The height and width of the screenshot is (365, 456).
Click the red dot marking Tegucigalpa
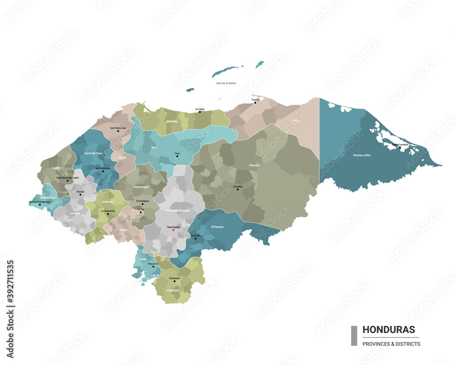coord(173,230)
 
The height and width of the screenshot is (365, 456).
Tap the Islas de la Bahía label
coord(226,83)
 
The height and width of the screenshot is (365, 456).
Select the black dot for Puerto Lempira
coord(400,147)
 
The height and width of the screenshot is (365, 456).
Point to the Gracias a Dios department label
coord(362,155)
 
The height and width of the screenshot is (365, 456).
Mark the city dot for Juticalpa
coord(238,189)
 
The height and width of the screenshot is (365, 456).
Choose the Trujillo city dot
coord(255,103)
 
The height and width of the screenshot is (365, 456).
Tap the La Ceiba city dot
coord(200,112)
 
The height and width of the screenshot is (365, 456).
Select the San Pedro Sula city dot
coord(118,131)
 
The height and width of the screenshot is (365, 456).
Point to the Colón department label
coord(296,120)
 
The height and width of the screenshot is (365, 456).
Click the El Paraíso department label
coord(217,227)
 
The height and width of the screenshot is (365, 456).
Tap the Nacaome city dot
coord(153,266)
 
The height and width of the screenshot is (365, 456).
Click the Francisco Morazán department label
coord(178,210)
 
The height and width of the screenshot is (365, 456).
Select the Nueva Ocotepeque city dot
coord(40,204)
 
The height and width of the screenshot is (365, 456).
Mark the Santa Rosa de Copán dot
coord(67,181)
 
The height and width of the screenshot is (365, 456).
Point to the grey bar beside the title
coord(354,335)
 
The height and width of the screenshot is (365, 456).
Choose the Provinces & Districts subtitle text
coord(391,344)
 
